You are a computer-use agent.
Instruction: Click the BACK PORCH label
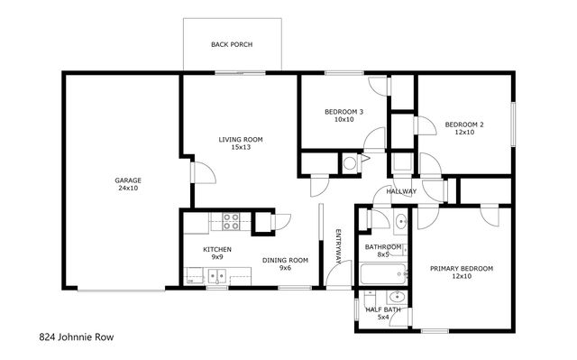click(x=231, y=43)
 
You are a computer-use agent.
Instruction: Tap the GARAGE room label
click(x=127, y=180)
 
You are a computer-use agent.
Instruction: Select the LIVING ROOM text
click(x=240, y=139)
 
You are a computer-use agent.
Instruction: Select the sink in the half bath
click(x=396, y=297)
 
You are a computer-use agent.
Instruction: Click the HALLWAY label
click(x=401, y=191)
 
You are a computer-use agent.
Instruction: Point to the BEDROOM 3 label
click(x=343, y=112)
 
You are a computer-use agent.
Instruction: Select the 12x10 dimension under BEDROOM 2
click(x=463, y=132)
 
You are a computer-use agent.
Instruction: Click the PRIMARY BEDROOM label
click(x=462, y=268)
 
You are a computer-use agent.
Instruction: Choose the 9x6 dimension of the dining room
click(x=285, y=268)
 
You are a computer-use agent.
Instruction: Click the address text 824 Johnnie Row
click(x=77, y=337)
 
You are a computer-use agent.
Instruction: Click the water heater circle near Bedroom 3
click(x=350, y=162)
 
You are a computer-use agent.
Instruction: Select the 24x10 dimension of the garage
click(x=127, y=189)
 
